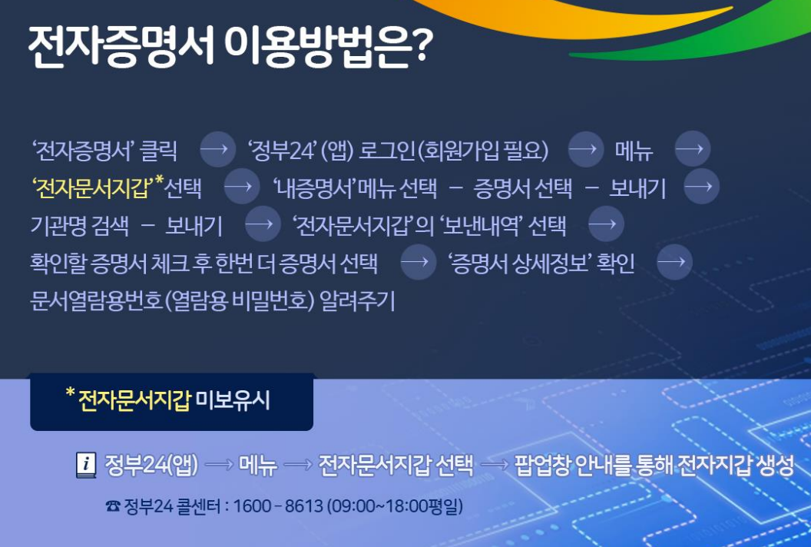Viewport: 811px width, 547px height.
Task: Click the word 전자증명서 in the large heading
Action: pos(121,47)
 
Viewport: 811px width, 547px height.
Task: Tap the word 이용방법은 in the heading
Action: pos(317,47)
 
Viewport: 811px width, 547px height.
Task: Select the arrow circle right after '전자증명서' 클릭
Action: pos(217,149)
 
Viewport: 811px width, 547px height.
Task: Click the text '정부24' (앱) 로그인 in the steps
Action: pos(332,150)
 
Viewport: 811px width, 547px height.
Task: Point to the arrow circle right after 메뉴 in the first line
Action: pos(693,149)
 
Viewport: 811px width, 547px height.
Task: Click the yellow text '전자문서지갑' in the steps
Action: pos(91,188)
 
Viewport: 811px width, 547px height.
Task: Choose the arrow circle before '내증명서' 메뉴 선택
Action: pos(242,186)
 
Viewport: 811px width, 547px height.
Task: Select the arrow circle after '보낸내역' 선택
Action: pos(606,224)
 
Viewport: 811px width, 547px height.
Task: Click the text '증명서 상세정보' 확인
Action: pos(541,263)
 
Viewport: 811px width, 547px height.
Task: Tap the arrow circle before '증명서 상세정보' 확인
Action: pos(419,262)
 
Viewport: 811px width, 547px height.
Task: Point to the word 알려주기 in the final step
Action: pos(357,300)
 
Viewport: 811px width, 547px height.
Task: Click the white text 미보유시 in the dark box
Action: pos(233,400)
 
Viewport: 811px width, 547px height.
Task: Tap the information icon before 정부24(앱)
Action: pos(86,465)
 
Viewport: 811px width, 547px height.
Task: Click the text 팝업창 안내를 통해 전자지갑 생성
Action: pos(654,465)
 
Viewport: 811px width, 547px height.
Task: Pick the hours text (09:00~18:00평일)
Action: pos(395,506)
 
